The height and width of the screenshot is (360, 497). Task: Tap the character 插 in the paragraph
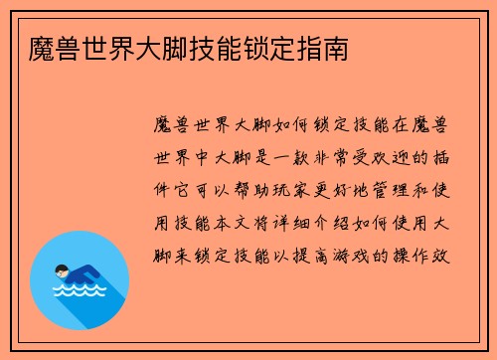point(445,156)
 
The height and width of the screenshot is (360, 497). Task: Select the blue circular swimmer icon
point(80,280)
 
